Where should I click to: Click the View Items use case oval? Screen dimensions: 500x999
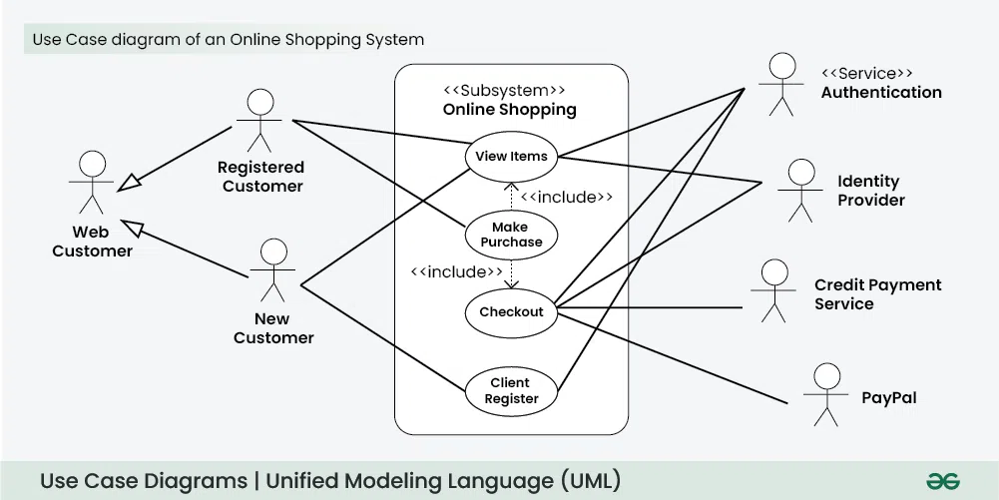point(511,156)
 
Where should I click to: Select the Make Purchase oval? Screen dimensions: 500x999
point(511,235)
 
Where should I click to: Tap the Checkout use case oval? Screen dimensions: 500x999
point(511,312)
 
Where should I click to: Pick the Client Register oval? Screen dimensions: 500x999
point(511,390)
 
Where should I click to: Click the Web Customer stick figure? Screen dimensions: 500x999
point(92,182)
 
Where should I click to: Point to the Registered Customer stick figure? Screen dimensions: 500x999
point(259,120)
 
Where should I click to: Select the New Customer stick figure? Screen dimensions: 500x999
point(272,269)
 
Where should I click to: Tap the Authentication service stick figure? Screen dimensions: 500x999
point(781,84)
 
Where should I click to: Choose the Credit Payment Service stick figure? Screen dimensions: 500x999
point(773,290)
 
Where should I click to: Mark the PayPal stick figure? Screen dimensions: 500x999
point(825,394)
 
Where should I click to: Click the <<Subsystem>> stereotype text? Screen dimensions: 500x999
point(510,91)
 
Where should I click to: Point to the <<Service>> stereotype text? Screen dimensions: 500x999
point(866,73)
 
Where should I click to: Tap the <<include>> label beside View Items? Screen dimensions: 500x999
point(566,197)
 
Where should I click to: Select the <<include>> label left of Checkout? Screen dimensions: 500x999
point(457,271)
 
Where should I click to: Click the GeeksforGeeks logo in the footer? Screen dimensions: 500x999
point(942,481)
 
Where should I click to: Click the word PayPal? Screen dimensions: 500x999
point(888,397)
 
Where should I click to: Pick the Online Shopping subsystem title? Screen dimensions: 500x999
point(510,110)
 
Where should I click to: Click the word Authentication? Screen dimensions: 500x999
point(881,92)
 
